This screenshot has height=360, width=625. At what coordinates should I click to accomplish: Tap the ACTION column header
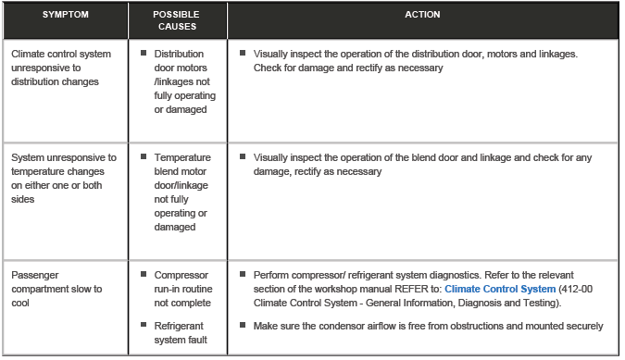[x=422, y=16]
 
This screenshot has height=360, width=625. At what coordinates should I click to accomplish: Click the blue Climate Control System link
[x=500, y=289]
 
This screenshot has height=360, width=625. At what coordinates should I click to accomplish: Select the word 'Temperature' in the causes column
[x=182, y=157]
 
